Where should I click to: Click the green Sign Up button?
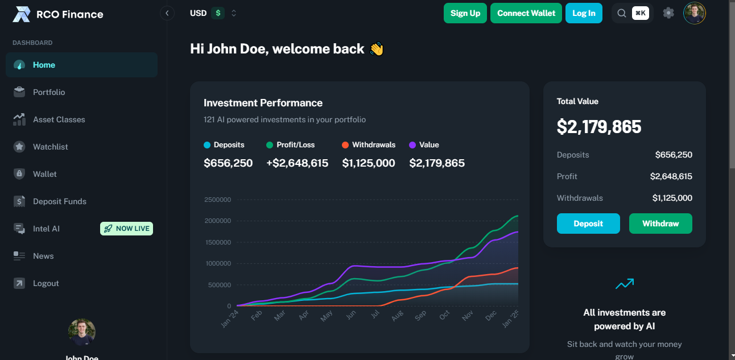(465, 13)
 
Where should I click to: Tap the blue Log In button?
(583, 13)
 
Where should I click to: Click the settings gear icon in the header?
(668, 13)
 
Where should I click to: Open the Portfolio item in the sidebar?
(49, 92)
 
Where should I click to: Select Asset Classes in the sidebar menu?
(59, 119)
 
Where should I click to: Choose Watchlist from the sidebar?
(50, 147)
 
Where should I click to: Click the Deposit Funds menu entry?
(59, 201)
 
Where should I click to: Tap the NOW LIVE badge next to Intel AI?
(126, 229)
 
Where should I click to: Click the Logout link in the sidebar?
(46, 283)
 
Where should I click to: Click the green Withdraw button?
(660, 224)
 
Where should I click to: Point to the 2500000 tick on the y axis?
(217, 200)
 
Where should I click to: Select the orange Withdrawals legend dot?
(345, 145)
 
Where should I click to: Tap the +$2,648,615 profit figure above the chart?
(297, 163)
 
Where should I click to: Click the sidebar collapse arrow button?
(167, 13)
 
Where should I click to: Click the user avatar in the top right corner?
(694, 13)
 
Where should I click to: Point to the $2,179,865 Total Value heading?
(598, 127)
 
